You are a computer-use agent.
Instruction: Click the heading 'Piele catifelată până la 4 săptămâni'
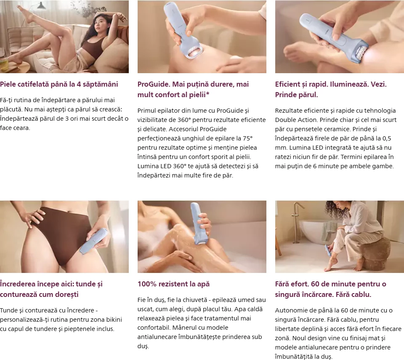point(59,84)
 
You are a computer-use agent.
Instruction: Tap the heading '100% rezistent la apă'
point(173,284)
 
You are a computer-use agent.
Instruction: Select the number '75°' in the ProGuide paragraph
point(247,138)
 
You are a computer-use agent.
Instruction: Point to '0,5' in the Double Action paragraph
point(387,138)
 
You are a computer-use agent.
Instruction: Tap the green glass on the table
point(4,64)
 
